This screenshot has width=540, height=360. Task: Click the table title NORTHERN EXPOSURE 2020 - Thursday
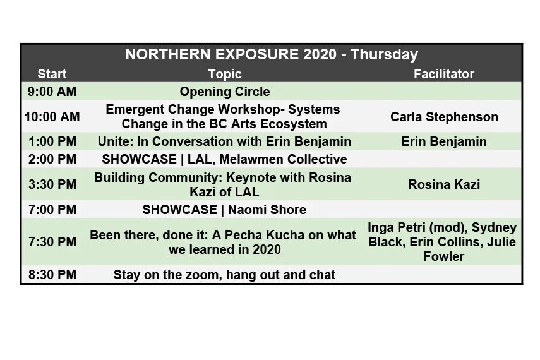pos(272,54)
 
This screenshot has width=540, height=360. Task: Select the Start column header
pos(52,74)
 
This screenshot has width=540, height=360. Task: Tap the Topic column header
pos(224,74)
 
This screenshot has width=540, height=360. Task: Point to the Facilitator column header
pos(443,74)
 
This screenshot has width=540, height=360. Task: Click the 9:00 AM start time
pos(52,92)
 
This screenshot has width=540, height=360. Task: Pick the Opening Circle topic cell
pos(224,92)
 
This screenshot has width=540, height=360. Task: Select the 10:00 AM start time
pos(52,117)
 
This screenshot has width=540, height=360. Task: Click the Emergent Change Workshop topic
pos(224,117)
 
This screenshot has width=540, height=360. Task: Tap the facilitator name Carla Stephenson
pos(444,117)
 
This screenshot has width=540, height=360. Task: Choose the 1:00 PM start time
pos(52,141)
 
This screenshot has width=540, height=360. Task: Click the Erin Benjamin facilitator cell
pos(444,141)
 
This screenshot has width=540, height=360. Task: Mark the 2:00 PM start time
pos(52,159)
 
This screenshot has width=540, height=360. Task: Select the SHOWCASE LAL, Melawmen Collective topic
pos(224,159)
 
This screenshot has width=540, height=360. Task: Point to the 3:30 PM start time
pos(52,184)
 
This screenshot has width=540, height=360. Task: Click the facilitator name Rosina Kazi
pos(444,184)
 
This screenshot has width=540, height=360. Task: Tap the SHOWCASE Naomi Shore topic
pos(224,210)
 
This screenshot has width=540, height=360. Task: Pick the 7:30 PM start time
pos(52,241)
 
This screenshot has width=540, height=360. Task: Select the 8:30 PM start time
pos(52,275)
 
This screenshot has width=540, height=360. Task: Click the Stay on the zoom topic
pos(224,275)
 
